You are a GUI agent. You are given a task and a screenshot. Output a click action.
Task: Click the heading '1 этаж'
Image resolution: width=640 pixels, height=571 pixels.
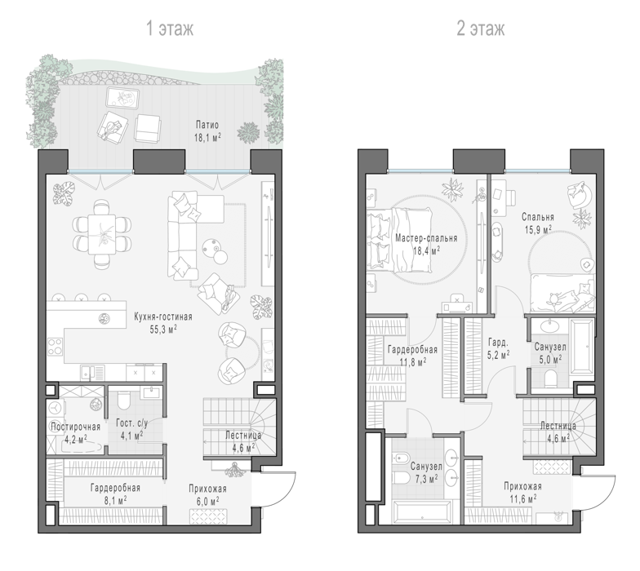coord(170,29)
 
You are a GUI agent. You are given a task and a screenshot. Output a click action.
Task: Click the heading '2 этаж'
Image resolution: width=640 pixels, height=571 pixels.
coord(480,29)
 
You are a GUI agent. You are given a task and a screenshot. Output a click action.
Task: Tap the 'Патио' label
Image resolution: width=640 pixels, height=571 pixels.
coord(207,125)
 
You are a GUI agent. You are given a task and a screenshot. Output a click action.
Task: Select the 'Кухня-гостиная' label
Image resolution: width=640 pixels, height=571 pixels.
coord(163,316)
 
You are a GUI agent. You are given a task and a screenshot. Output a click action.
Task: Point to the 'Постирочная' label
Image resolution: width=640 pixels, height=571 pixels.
coord(75,427)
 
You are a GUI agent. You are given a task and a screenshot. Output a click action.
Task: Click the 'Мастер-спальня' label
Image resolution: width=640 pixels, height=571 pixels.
coord(426,238)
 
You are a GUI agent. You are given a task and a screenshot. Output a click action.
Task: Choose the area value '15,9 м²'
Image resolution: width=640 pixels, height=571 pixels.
coord(538,230)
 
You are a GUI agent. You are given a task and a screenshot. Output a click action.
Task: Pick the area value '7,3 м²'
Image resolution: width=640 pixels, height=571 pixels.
coord(426,478)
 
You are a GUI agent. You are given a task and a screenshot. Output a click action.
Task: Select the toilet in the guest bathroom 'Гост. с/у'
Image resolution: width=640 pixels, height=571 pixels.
coord(123,400)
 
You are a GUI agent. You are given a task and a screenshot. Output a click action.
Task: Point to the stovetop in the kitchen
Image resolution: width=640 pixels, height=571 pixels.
coord(56,347)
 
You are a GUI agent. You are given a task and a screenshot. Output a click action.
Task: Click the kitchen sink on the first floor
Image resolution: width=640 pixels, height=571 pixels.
coord(92,372)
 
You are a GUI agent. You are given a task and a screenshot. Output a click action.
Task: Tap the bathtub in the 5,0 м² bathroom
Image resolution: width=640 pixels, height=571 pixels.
coord(582,347)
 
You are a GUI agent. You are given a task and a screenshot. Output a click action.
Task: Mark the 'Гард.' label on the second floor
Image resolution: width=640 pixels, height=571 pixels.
coord(498,342)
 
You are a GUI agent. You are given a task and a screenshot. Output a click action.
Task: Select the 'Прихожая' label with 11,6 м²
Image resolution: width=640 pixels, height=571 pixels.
coord(522,486)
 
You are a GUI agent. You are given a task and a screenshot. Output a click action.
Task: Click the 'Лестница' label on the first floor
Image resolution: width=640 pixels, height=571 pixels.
coord(243,436)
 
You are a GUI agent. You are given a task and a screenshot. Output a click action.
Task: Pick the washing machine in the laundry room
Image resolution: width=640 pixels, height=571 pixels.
coord(55,408)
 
